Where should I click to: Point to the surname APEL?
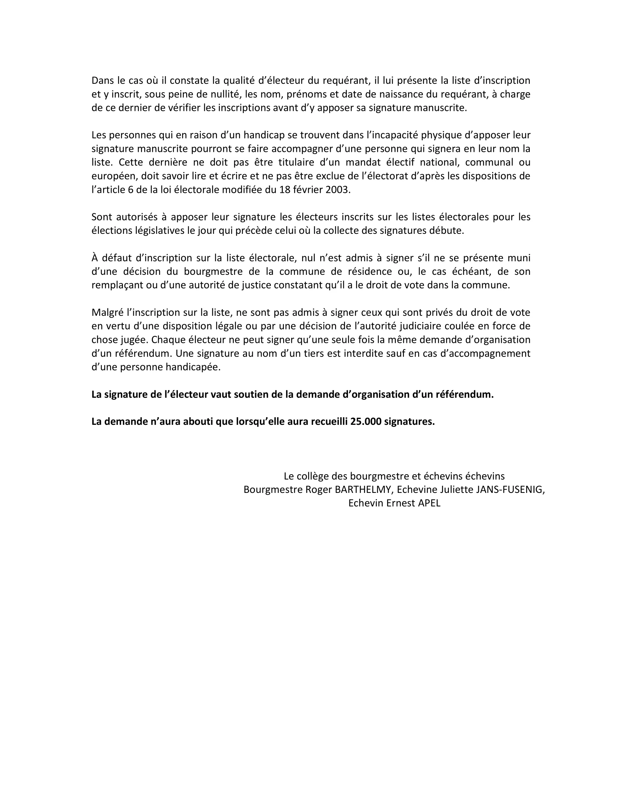[x=429, y=503]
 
